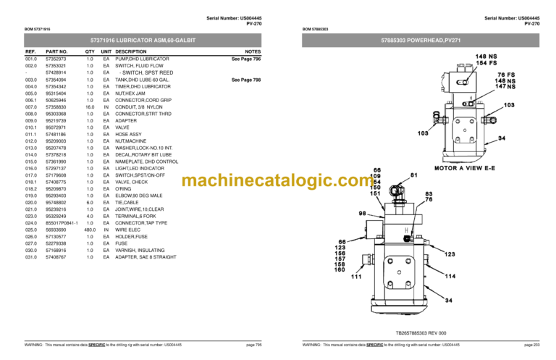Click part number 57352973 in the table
pyautogui.click(x=56, y=59)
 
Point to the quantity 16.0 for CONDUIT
pyautogui.click(x=90, y=106)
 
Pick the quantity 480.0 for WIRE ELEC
pyautogui.click(x=90, y=230)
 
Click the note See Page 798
pyautogui.click(x=246, y=80)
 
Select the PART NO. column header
pyautogui.click(x=56, y=52)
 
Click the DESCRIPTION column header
pyautogui.click(x=130, y=52)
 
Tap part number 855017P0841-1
pyautogui.click(x=62, y=222)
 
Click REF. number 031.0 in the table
pyautogui.click(x=31, y=257)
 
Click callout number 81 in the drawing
pyautogui.click(x=414, y=175)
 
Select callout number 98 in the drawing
pyautogui.click(x=362, y=214)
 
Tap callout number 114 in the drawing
pyautogui.click(x=450, y=276)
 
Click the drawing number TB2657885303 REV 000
pyautogui.click(x=421, y=332)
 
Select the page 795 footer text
pyautogui.click(x=253, y=345)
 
